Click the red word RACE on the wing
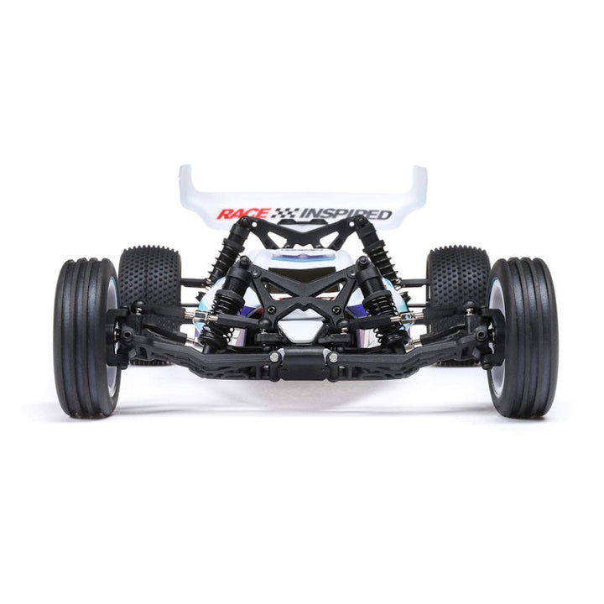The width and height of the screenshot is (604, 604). pos(243,214)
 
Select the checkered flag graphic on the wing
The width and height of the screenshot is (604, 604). pos(285,213)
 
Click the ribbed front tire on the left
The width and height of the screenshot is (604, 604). pos(86,338)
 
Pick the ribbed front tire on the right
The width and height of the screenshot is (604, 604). pos(523,338)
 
